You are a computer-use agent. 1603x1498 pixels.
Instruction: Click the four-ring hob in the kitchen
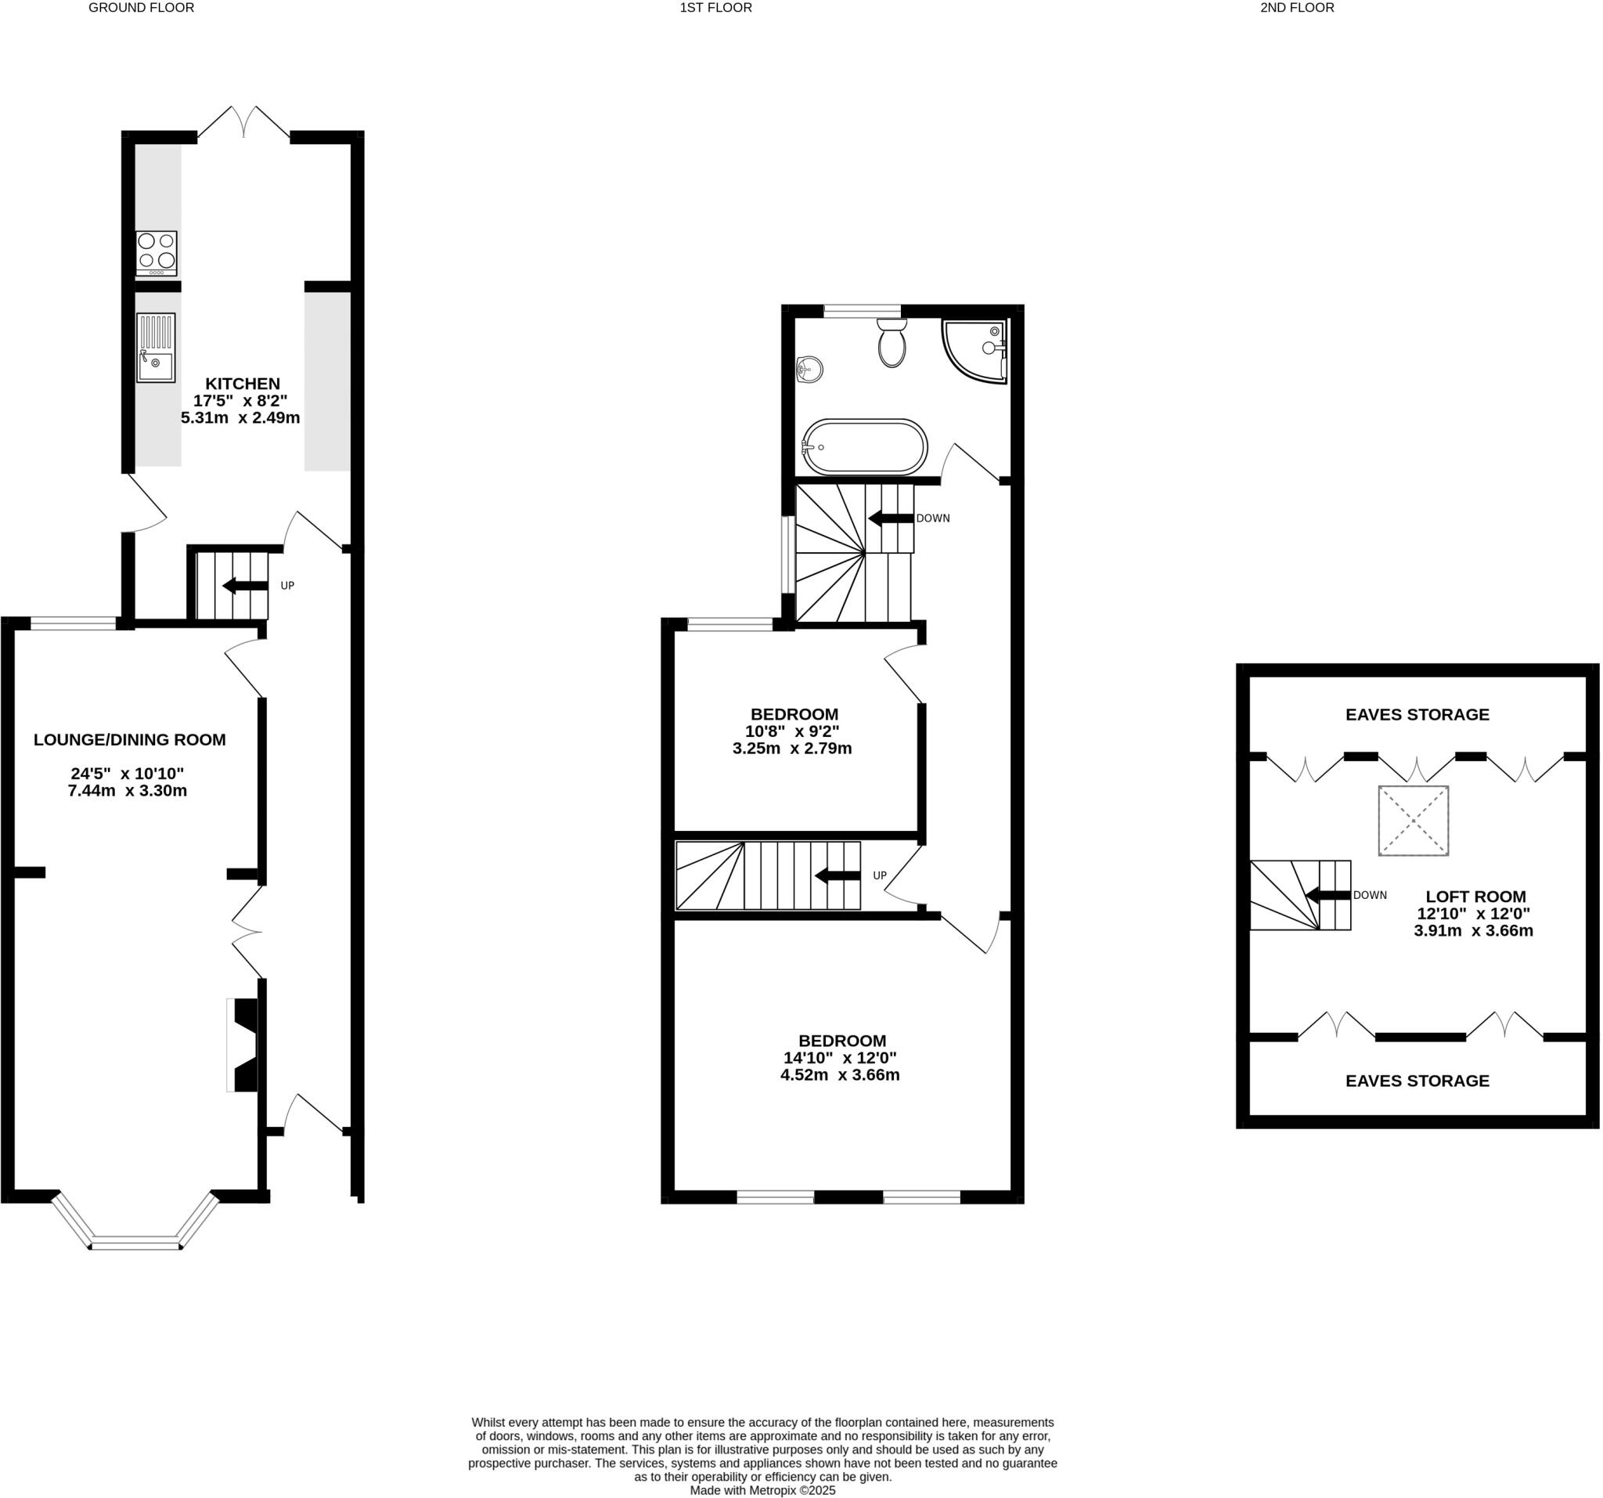[156, 251]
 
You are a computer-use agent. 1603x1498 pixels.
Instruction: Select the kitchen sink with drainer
[156, 348]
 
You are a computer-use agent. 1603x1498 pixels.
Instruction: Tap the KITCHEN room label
[242, 384]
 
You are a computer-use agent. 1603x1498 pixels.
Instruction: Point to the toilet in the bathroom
[891, 343]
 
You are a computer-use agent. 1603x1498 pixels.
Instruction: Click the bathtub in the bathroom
[864, 446]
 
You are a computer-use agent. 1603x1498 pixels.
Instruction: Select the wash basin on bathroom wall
[809, 370]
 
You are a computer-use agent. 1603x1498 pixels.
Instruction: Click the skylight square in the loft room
[1413, 821]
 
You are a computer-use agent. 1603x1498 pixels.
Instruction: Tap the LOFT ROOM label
[1475, 897]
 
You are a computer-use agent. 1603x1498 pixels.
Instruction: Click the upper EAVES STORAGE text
[1417, 715]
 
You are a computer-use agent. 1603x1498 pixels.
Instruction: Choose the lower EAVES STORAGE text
[1417, 1081]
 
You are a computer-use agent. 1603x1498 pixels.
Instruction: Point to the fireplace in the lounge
[243, 1045]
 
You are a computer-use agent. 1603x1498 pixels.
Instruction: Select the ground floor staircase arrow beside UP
[245, 587]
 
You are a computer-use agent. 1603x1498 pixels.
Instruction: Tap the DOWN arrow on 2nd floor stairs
[1327, 895]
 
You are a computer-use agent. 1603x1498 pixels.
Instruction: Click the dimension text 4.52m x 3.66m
[839, 1075]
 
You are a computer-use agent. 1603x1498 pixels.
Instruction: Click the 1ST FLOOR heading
[715, 8]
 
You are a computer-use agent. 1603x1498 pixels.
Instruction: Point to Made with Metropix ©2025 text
[762, 1490]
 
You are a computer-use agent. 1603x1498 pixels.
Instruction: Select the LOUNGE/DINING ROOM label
[130, 740]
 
